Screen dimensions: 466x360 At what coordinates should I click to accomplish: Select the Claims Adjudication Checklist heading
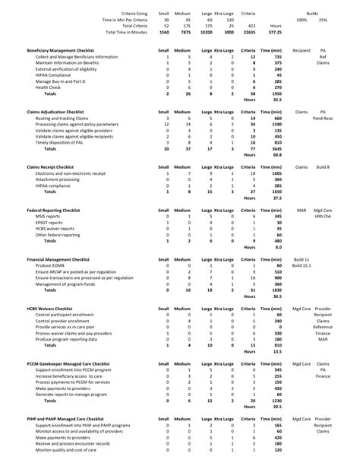58,111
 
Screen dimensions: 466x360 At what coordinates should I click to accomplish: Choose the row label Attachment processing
61,179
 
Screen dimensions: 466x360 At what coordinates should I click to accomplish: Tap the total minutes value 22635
248,32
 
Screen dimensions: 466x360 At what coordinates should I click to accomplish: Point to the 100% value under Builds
302,20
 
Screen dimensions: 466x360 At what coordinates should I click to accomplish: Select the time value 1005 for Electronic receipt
276,173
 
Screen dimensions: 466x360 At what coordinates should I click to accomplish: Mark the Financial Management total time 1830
276,289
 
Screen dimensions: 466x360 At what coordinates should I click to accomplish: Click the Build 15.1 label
301,265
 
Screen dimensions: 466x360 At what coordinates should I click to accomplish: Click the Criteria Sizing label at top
127,14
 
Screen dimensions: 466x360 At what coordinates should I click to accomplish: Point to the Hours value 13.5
278,351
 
